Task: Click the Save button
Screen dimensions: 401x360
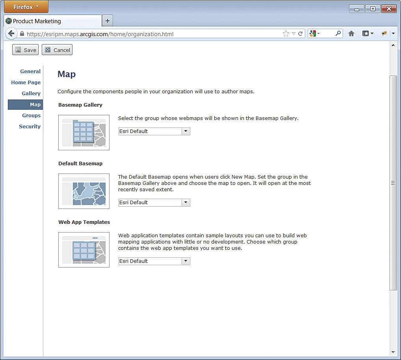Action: [x=25, y=50]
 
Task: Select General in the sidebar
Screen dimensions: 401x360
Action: [x=30, y=72]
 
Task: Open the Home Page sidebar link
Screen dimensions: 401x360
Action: [x=26, y=83]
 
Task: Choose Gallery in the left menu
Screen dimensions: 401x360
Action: [x=31, y=94]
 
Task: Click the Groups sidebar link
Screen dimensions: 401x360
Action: [x=31, y=116]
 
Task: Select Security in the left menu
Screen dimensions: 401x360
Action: [x=30, y=126]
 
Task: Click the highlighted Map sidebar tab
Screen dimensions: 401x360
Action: [x=26, y=105]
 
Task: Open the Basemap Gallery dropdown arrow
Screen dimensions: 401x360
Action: [x=186, y=131]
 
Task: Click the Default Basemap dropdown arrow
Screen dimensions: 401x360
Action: [x=186, y=203]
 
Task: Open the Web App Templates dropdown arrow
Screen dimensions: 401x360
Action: [x=186, y=261]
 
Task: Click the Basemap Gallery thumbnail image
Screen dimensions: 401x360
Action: [x=84, y=133]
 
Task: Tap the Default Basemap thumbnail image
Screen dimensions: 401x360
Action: [x=84, y=191]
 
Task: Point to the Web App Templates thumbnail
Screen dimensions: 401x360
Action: [x=84, y=250]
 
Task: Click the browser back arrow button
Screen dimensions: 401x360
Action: [x=11, y=34]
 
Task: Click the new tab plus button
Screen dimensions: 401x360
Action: [x=108, y=21]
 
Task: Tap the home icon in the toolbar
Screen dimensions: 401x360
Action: [x=351, y=33]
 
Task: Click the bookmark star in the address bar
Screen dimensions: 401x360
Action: [x=286, y=33]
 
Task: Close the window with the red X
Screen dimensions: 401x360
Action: [x=389, y=9]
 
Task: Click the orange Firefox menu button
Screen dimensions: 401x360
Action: [x=26, y=7]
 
